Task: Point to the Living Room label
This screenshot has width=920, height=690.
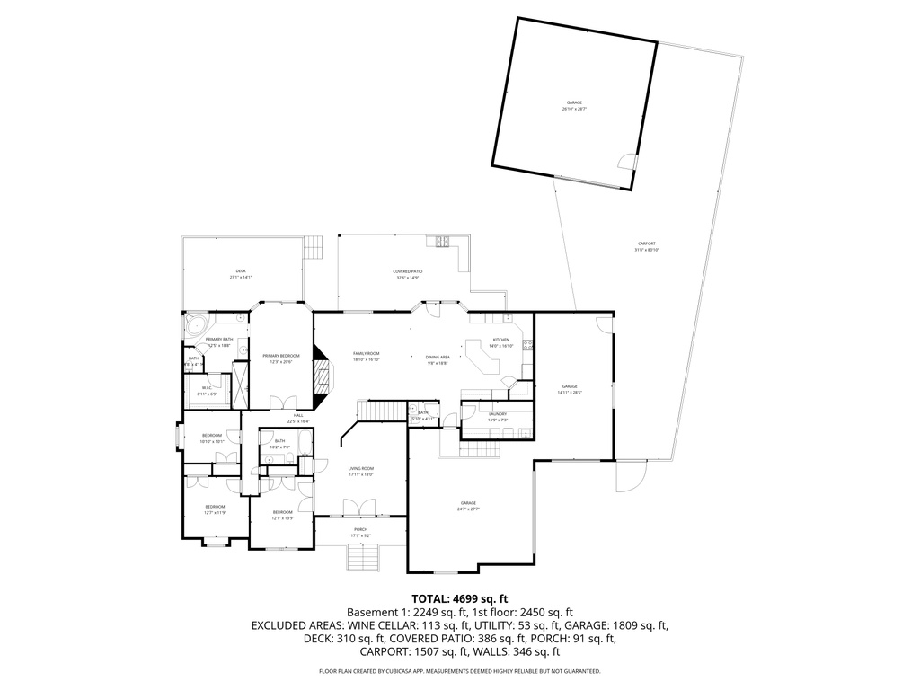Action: click(361, 468)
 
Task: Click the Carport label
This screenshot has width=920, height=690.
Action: click(646, 243)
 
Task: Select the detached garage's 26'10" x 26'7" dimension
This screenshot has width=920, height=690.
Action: click(574, 109)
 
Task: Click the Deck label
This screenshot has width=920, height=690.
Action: click(240, 270)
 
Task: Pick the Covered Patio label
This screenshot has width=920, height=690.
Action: click(408, 270)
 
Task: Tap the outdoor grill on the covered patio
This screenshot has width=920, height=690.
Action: click(443, 241)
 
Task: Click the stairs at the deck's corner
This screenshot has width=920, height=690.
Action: click(313, 245)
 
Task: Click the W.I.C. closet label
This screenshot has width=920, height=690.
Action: click(206, 388)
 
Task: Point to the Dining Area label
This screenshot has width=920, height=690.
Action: click(438, 357)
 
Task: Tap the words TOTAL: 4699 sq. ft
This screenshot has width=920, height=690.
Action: click(460, 597)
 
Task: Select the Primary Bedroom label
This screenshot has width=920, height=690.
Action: click(281, 356)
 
